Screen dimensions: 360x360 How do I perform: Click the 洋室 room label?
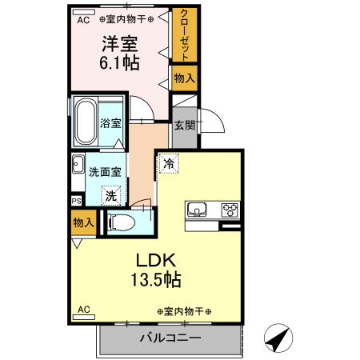pyautogui.click(x=119, y=44)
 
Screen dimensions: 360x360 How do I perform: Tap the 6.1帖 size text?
pyautogui.click(x=119, y=63)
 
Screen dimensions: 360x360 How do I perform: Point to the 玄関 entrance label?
pyautogui.click(x=184, y=124)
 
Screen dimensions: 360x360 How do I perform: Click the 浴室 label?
pyautogui.click(x=110, y=124)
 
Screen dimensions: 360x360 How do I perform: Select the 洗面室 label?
pyautogui.click(x=105, y=171)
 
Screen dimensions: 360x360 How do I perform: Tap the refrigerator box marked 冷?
pyautogui.click(x=169, y=162)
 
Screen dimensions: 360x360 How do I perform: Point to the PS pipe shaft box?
pyautogui.click(x=76, y=201)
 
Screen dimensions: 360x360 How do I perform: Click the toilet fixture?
pyautogui.click(x=122, y=222)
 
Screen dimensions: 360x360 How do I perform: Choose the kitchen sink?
pyautogui.click(x=197, y=210)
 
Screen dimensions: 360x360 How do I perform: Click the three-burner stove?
pyautogui.click(x=230, y=210)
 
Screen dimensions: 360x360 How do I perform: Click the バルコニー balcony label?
pyautogui.click(x=170, y=338)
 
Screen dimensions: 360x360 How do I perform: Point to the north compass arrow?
pyautogui.click(x=277, y=339)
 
